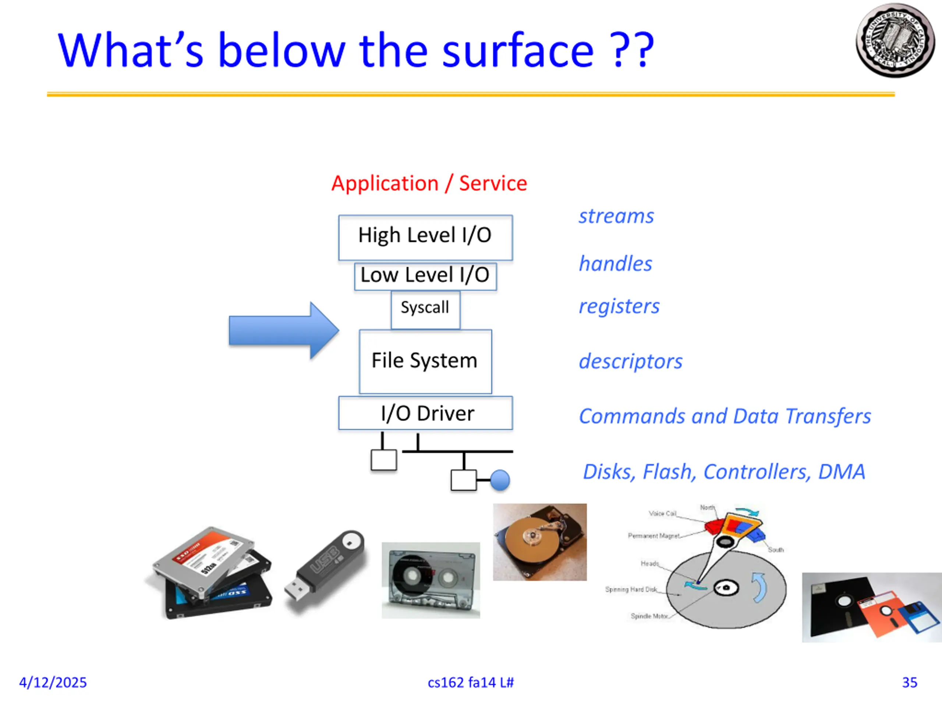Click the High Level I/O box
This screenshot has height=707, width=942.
[425, 238]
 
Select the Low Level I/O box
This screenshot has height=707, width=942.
[425, 276]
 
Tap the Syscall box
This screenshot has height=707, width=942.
[425, 309]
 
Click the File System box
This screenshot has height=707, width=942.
[425, 361]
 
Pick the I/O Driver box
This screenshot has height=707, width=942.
[425, 413]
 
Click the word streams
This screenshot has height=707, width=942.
[616, 216]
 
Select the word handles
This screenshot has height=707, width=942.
[615, 263]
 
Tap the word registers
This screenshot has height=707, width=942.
[619, 306]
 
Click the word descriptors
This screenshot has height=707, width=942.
[630, 361]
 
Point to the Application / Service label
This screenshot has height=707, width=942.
[429, 183]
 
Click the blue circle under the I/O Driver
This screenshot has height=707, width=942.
[500, 480]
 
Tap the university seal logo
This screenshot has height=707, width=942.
[895, 41]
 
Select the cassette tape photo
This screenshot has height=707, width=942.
[431, 580]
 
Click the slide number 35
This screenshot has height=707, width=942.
[909, 682]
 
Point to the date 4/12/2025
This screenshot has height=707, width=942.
[53, 682]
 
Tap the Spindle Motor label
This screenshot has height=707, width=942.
[649, 616]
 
